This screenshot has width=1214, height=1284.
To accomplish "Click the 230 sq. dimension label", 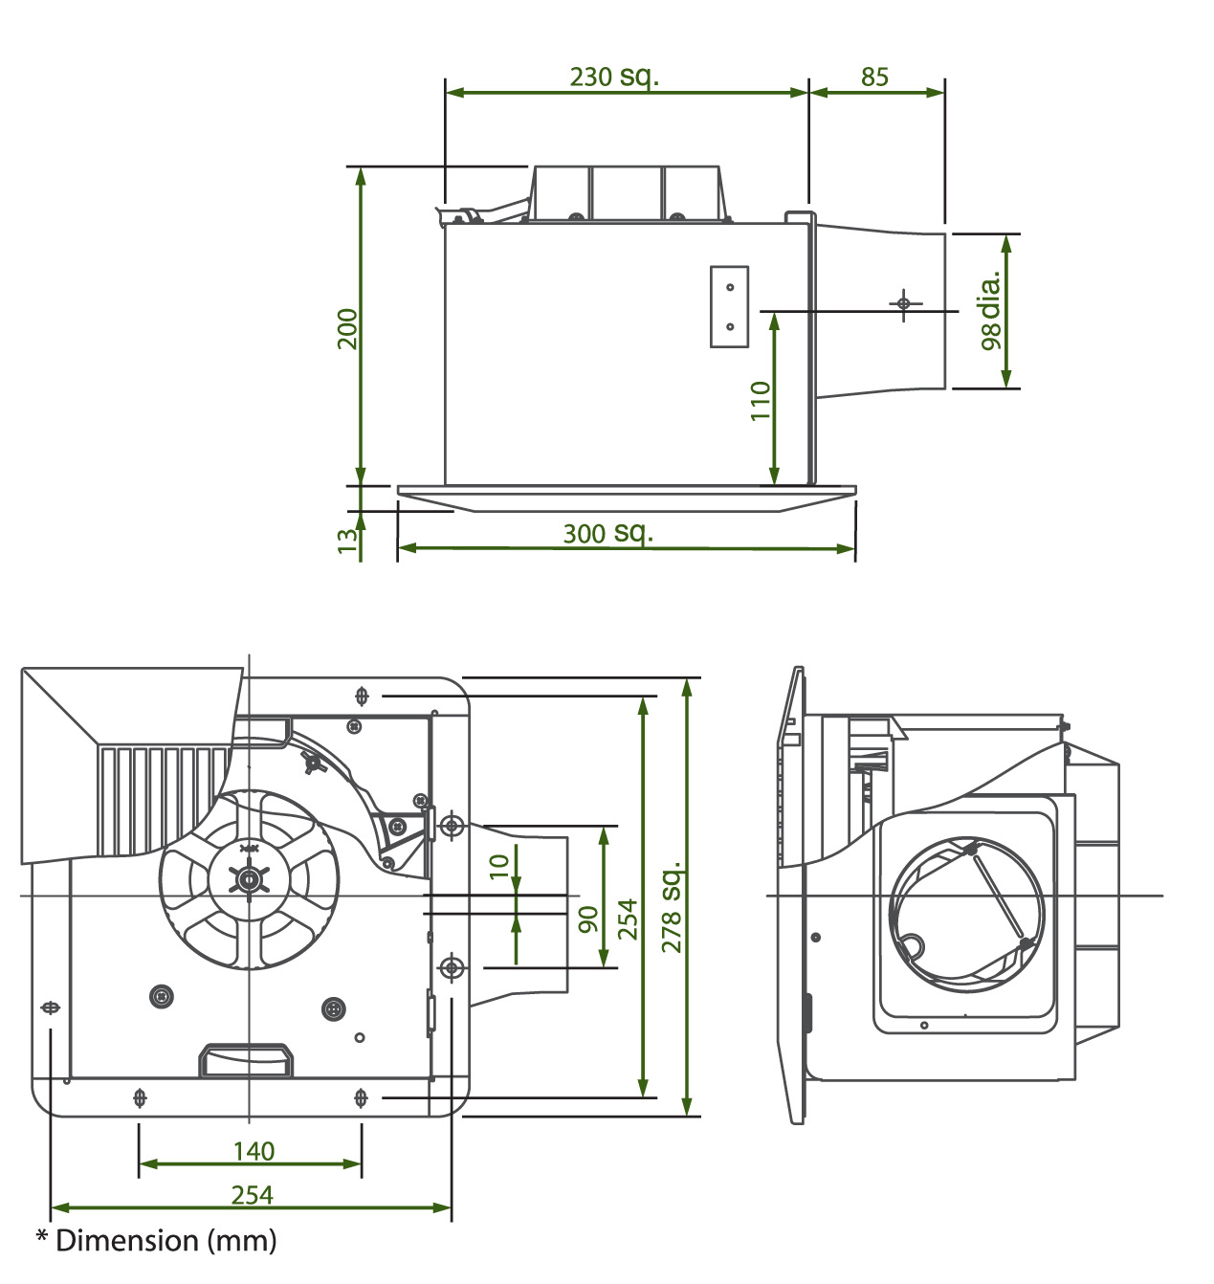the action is point(614,77).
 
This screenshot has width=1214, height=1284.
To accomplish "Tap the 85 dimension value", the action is point(874,77).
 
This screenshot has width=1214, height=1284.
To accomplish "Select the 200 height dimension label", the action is point(347,328).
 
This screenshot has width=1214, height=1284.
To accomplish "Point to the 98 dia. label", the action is point(990,310).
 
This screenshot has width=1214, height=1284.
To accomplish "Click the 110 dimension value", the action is point(761,400).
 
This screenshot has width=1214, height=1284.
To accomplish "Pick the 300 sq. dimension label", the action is point(608,533).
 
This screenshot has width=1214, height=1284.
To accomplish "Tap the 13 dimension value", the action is point(346,541).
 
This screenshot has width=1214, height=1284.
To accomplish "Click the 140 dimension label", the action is point(254,1151).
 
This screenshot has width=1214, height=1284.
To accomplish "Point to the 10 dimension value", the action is point(499,866).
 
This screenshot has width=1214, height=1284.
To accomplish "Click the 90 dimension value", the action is point(588,919).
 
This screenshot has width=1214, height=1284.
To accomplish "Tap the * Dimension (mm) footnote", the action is point(157,1240).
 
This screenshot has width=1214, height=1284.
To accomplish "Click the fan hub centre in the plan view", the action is point(249,879).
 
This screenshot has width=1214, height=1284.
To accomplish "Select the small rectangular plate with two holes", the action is point(729,306).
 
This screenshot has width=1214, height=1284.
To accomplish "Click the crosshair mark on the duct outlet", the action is point(904,303).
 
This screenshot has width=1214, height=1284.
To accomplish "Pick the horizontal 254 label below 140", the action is point(252,1195).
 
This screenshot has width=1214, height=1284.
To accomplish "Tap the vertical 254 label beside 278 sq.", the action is point(627,919).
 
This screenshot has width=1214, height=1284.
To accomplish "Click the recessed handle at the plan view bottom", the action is point(246,1060).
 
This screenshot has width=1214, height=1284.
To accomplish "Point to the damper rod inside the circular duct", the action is point(997,896).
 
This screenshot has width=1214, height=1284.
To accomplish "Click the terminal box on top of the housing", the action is point(627,193).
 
